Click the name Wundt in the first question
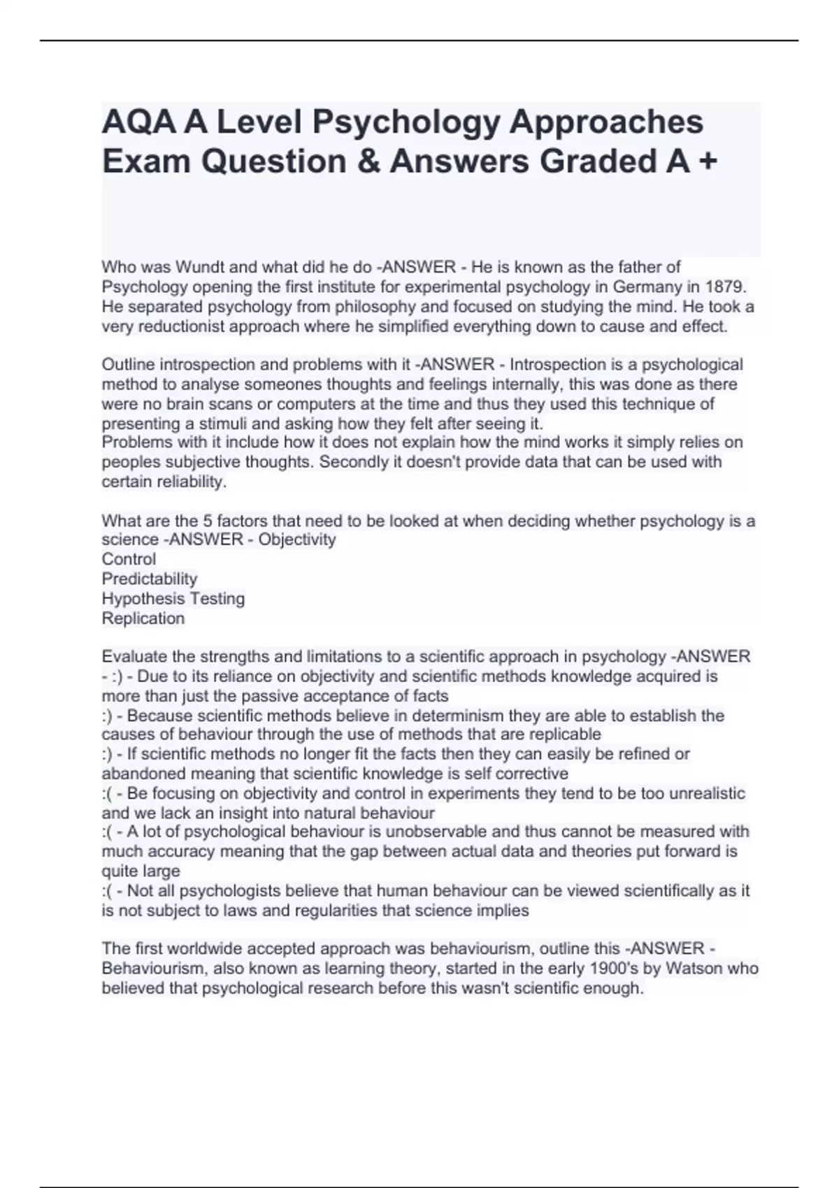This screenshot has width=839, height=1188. (x=199, y=267)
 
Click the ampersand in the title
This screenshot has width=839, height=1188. (x=368, y=161)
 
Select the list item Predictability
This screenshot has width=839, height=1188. (x=150, y=579)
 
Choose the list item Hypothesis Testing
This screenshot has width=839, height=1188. (x=173, y=598)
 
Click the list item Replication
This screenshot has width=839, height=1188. (x=143, y=618)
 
